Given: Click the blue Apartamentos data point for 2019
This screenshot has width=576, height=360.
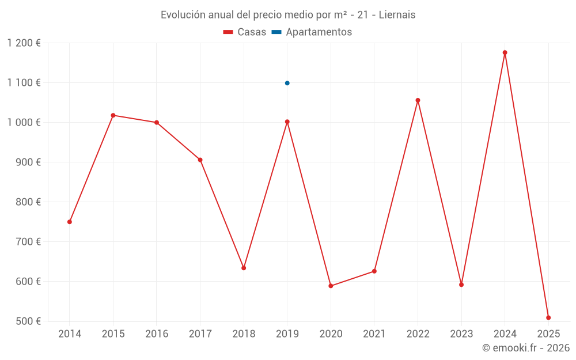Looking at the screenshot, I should coord(287,83).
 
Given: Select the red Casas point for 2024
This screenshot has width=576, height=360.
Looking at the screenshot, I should coord(505,52).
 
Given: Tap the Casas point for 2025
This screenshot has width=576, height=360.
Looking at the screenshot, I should coord(548,317).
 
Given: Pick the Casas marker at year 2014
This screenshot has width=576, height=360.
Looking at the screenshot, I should coord(70,222).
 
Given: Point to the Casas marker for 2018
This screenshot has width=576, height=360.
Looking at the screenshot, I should coord(244,268).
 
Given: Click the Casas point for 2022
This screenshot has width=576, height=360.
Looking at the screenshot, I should coord(418,100).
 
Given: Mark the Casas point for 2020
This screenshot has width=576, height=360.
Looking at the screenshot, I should coord(331,286).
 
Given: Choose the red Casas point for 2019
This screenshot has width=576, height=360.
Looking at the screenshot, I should coord(287,122).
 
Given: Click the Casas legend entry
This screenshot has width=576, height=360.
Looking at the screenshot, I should coord(245,32).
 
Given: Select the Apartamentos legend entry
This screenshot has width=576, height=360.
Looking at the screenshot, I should coord(312,32).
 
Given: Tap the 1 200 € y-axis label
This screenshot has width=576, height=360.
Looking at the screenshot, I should coord(24,43).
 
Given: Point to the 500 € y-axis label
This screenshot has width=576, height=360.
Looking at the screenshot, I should coord(28,321).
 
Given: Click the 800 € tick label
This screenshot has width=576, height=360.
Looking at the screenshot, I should coord(28,202).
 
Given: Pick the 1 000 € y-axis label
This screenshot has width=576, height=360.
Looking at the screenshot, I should coord(24,123).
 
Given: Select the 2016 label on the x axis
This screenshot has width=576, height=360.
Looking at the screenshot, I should coord(157,334).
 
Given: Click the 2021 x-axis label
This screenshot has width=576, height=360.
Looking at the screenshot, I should coord(374,334).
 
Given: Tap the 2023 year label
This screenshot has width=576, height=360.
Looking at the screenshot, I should coord(461,334).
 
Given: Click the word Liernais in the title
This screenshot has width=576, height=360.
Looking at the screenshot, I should coord(397,15).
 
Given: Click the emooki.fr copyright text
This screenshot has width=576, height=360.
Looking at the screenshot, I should coord(526,348).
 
